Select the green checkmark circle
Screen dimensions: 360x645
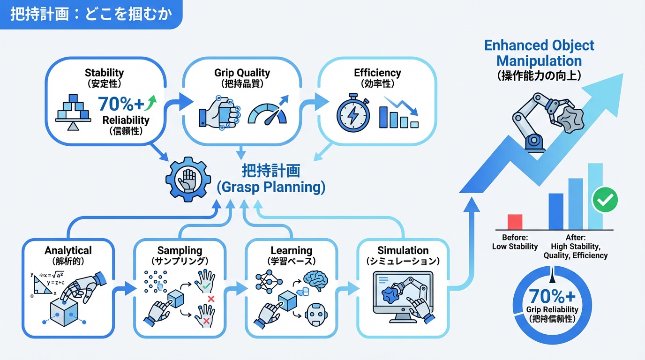[605, 200]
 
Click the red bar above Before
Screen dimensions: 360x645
[515, 222]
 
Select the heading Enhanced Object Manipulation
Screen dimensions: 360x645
[539, 53]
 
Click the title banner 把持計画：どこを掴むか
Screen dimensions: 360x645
[91, 14]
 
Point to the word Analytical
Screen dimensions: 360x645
[68, 250]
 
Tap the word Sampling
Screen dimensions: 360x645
[180, 250]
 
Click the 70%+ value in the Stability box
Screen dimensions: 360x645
[121, 104]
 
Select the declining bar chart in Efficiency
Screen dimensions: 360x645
[399, 113]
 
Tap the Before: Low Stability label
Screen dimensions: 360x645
[515, 242]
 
